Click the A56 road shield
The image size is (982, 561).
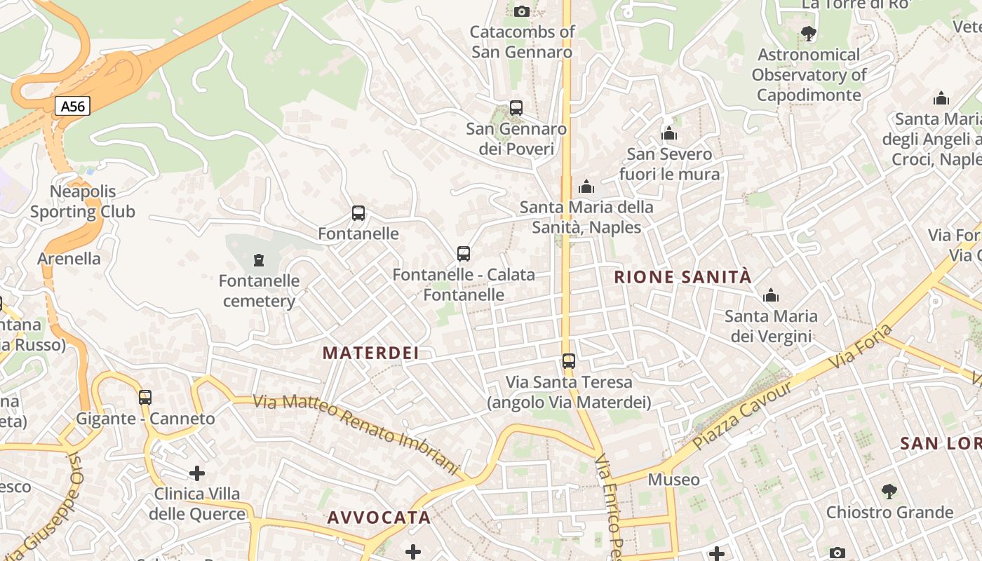(72, 107)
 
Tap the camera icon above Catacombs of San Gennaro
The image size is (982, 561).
(521, 11)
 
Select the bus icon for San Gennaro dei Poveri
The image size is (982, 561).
(516, 108)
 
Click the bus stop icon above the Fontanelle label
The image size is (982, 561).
(358, 213)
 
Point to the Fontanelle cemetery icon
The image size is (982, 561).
(259, 261)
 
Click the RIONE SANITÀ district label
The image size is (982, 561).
(682, 277)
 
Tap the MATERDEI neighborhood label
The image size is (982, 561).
(371, 353)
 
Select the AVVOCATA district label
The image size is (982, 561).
(379, 518)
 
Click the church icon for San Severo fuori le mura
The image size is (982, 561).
(669, 133)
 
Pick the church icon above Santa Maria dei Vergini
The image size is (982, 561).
(771, 296)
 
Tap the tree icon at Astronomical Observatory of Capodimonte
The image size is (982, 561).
(808, 33)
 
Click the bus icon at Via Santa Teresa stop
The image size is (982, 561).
(569, 362)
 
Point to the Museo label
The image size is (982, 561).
(673, 480)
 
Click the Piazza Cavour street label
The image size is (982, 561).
(742, 415)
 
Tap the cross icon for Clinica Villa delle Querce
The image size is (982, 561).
(197, 473)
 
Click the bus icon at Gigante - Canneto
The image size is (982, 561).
(145, 398)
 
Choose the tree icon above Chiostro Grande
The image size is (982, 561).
(889, 491)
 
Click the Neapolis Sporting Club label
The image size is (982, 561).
(83, 201)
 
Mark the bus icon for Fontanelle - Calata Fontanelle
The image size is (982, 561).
(464, 254)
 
